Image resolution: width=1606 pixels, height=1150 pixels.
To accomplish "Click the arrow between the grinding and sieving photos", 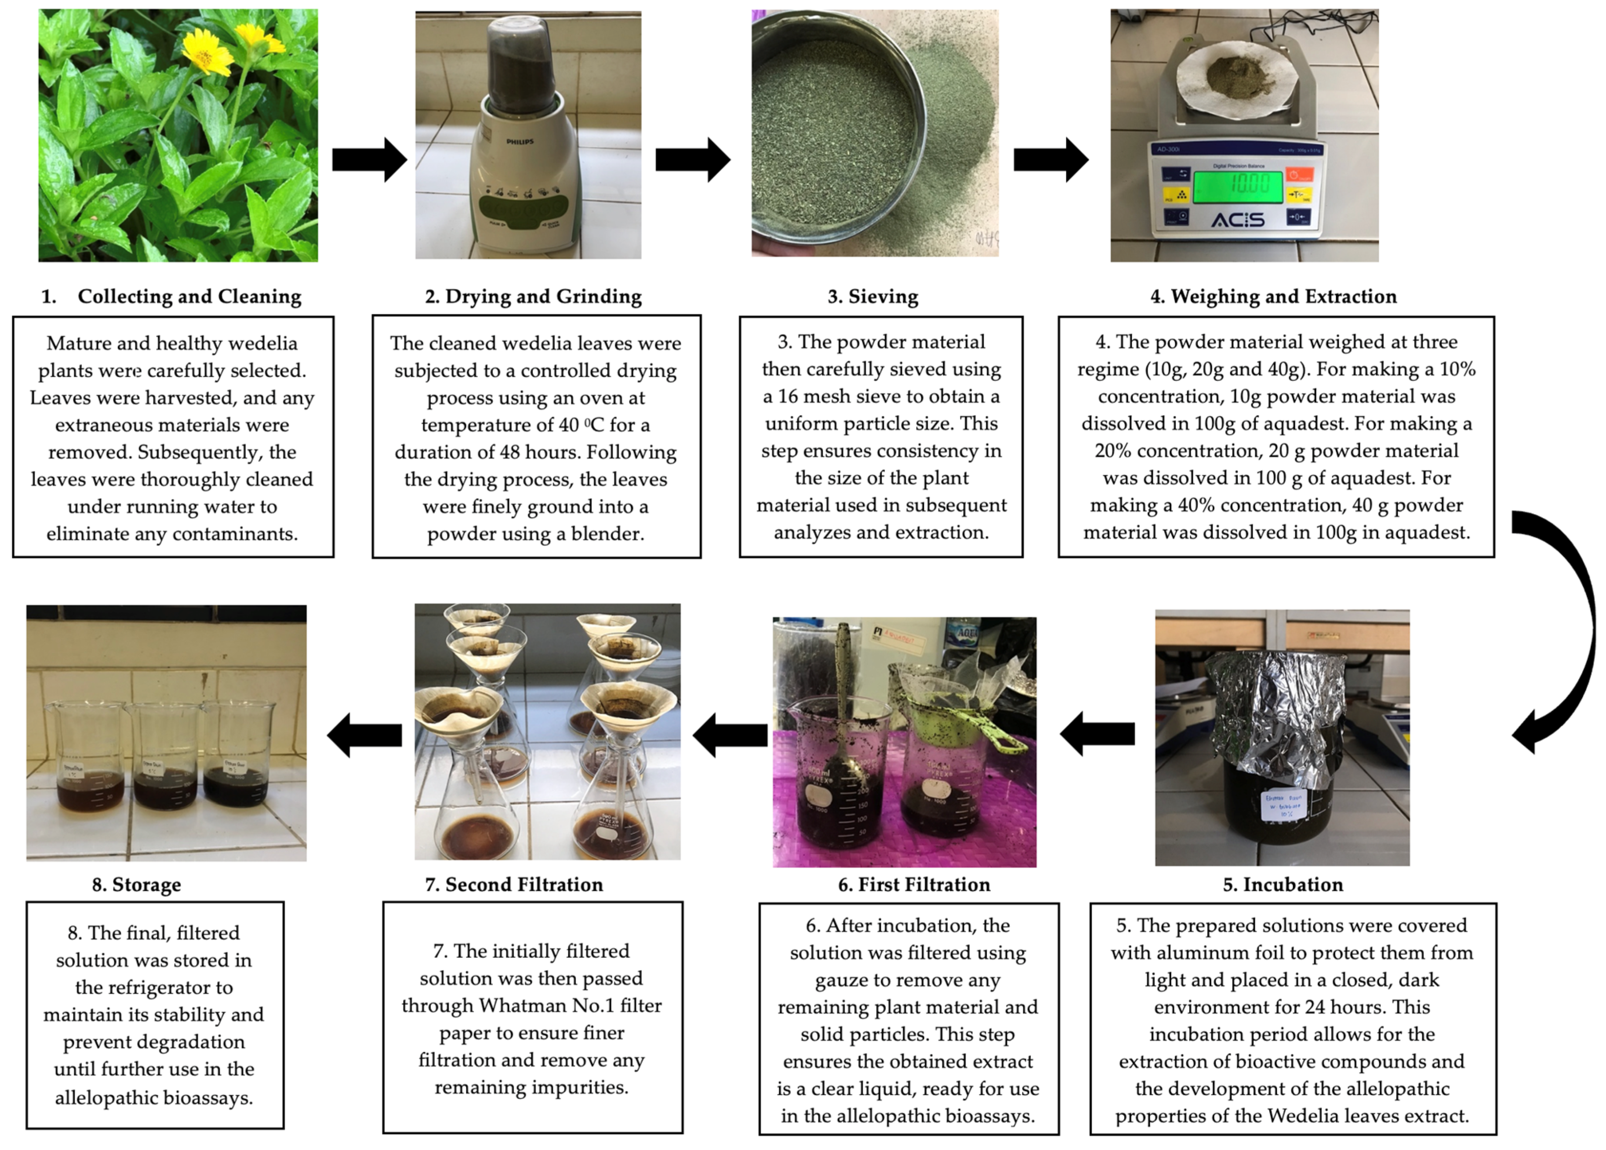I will pos(692,160).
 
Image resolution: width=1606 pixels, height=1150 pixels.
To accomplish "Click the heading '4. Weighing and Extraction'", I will pos(1273,297).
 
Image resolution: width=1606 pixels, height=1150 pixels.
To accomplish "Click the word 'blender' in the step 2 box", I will pos(607,533).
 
